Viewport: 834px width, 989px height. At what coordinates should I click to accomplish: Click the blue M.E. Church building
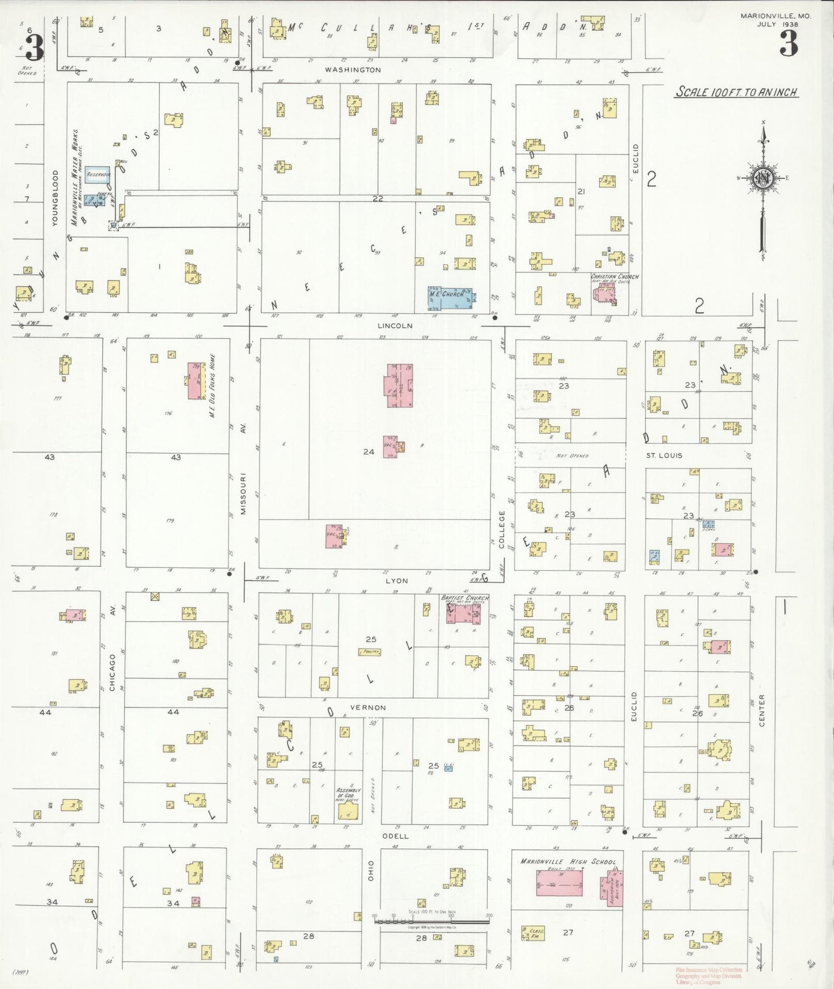point(450,298)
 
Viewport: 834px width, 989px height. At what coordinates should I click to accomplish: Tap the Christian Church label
point(614,277)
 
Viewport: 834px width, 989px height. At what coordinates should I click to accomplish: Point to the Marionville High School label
point(568,862)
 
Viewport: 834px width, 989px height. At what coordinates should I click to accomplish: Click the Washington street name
point(353,70)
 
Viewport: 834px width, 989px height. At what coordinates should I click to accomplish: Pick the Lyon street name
point(397,581)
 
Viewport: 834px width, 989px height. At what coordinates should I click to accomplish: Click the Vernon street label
point(368,707)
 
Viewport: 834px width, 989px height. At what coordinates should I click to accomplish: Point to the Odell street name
point(395,836)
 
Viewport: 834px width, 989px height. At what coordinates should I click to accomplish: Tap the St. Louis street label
point(664,455)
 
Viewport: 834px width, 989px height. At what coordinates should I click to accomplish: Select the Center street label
point(762,710)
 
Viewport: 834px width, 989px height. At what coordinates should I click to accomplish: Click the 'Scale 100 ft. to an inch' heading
point(736,92)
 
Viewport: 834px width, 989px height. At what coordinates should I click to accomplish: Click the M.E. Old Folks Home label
point(212,385)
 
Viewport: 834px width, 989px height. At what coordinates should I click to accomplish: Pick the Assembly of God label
point(348,793)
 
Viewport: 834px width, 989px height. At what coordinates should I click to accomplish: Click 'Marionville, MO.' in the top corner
point(775,16)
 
